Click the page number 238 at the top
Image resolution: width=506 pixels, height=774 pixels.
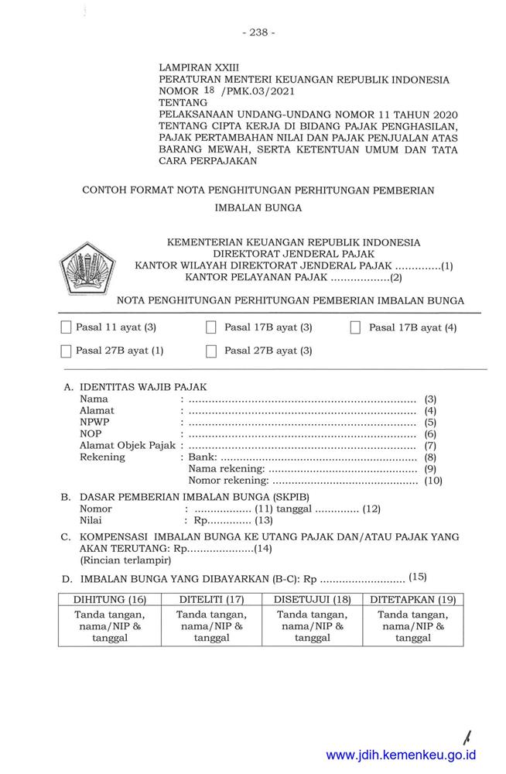pos(258,33)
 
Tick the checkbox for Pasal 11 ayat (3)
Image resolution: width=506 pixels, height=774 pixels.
pos(66,327)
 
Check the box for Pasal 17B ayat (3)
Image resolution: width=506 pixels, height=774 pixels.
pos(210,327)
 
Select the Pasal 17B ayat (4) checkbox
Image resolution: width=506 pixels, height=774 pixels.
pos(355,327)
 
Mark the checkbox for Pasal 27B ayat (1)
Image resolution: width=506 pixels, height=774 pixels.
pos(66,351)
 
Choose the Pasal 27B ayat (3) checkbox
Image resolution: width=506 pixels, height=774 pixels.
pos(210,351)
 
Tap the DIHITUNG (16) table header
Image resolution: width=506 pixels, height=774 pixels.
pos(109,599)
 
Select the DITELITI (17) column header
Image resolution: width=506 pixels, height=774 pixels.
pos(211,599)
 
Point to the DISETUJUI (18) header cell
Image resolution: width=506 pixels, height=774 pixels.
pos(312,599)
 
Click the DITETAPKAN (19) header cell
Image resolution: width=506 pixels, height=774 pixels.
pos(413,599)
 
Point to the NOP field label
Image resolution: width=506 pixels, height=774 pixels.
pos(91,433)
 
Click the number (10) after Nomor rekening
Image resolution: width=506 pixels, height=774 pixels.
pos(432,481)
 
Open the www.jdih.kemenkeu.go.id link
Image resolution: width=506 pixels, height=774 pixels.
pos(401,755)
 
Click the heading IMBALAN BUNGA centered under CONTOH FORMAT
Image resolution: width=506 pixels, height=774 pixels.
pos(258,207)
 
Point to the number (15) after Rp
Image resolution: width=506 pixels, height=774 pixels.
pos(417,577)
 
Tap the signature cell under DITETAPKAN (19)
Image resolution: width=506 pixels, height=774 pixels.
pos(413,626)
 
